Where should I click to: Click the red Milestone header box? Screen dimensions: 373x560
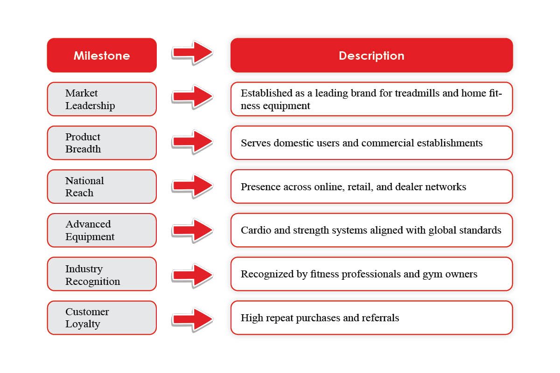(102, 55)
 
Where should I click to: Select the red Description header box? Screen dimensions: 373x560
(371, 55)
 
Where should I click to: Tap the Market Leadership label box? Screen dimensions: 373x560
(102, 99)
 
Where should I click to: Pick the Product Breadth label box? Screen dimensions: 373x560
(102, 143)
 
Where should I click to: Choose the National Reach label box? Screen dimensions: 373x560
(102, 186)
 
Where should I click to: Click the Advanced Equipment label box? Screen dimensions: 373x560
(102, 230)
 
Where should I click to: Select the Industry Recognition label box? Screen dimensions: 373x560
(102, 274)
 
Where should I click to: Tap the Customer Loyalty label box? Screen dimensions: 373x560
(102, 318)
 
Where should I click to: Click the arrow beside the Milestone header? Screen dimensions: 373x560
(192, 52)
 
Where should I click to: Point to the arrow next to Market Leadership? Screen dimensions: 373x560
(192, 97)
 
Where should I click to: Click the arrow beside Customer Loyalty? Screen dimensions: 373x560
(192, 319)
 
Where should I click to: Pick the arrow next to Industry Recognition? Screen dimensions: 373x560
(192, 275)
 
